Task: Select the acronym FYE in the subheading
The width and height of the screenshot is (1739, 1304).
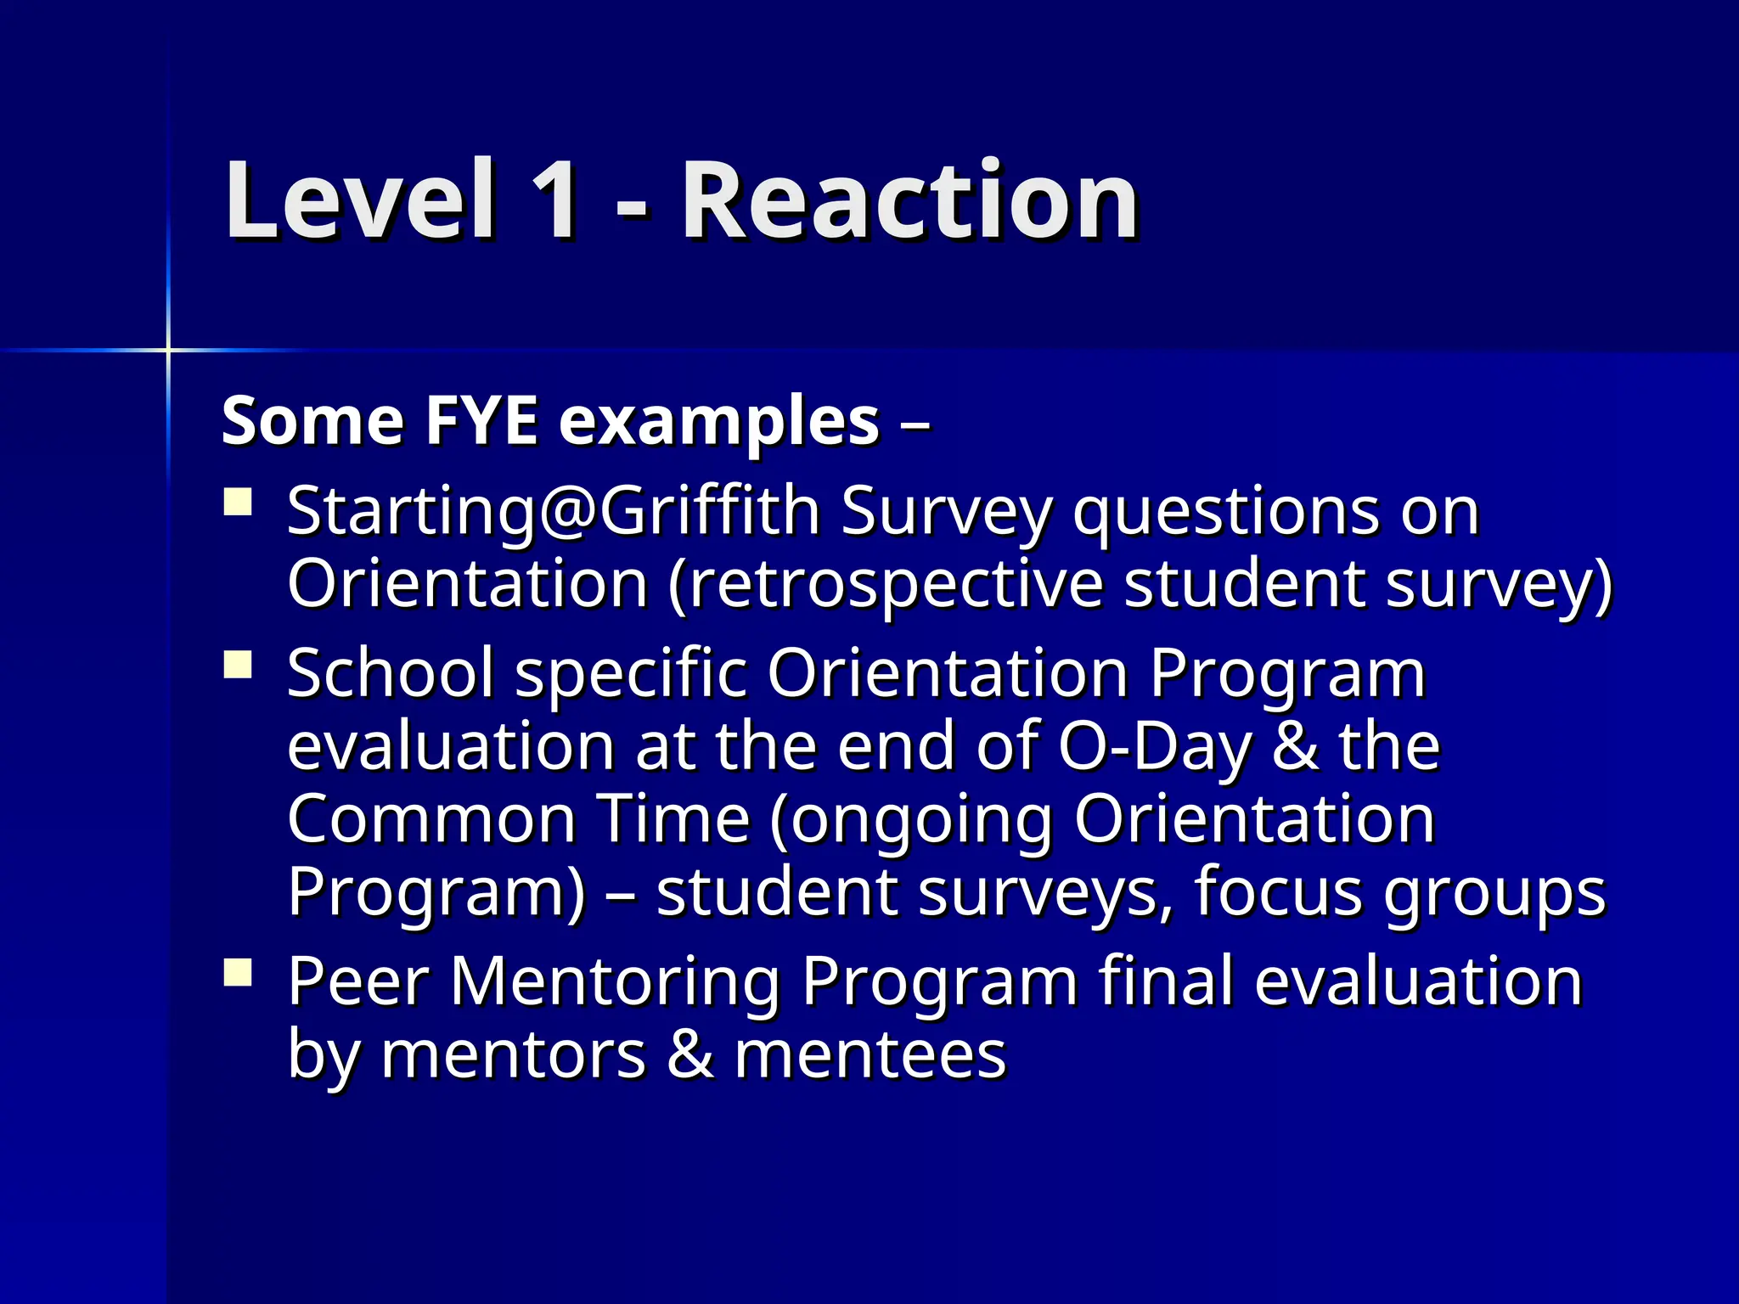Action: point(481,421)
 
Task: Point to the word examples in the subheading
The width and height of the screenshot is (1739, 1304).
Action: point(718,423)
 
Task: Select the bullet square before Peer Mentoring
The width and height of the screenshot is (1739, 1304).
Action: point(238,972)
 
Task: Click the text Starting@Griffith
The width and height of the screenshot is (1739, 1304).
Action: point(553,512)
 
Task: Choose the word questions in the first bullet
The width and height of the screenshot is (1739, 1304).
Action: point(1226,514)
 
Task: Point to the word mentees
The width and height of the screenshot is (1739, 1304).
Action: point(870,1054)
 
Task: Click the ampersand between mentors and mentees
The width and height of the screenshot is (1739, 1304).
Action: point(690,1054)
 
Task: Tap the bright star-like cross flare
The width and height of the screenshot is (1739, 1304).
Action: point(168,349)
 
